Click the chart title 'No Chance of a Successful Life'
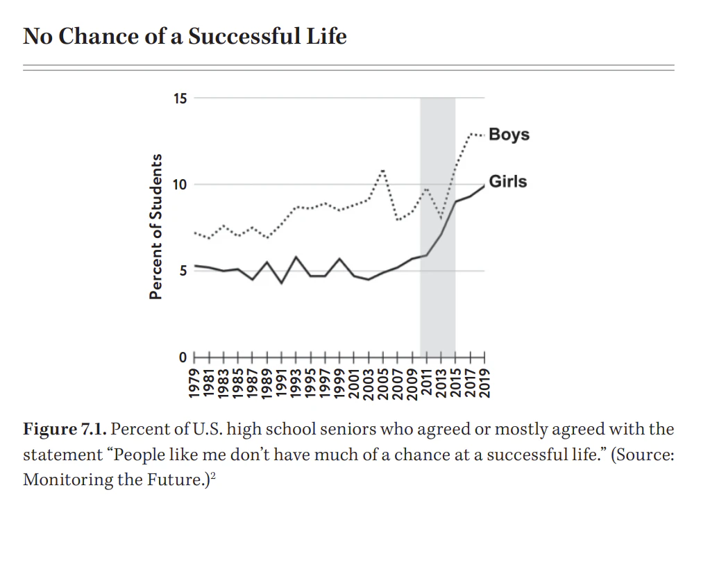click(x=185, y=35)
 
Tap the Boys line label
click(x=509, y=134)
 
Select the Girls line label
click(x=508, y=182)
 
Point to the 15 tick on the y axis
click(x=180, y=98)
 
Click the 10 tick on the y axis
click(x=180, y=185)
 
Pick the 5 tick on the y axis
click(x=183, y=271)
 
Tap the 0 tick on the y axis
click(x=183, y=357)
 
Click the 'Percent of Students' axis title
click(x=157, y=226)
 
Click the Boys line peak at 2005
click(x=383, y=170)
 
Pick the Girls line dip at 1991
click(x=282, y=283)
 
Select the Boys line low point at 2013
click(x=441, y=219)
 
